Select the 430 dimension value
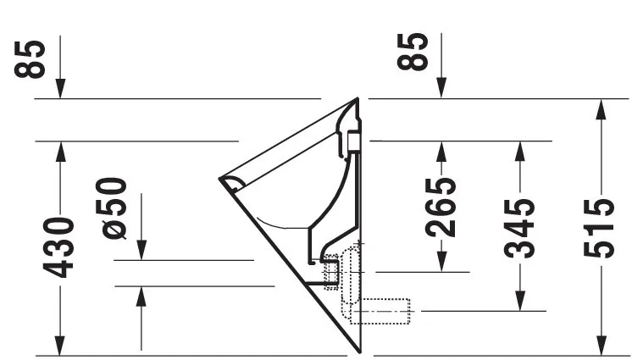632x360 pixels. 59,246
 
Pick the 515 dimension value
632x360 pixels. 601,227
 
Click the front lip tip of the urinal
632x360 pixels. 222,179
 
